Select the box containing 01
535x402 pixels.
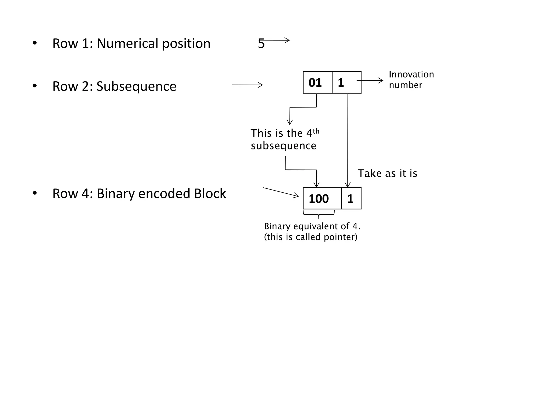tap(317, 82)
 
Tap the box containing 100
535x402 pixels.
tap(322, 199)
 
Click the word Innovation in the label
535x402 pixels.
tap(411, 75)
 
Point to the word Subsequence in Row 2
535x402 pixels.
tap(136, 87)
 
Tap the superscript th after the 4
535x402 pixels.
tap(316, 131)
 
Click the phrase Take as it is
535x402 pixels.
tap(387, 174)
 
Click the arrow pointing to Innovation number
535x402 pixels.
tap(370, 81)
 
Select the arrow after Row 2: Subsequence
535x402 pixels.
tap(247, 85)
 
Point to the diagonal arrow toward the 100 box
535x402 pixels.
tap(281, 192)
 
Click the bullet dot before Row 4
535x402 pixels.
tap(35, 193)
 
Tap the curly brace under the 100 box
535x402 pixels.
tap(319, 214)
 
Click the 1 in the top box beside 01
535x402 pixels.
tap(341, 83)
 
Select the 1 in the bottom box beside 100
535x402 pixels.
tap(350, 199)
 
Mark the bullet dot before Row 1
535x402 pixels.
tap(35, 43)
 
